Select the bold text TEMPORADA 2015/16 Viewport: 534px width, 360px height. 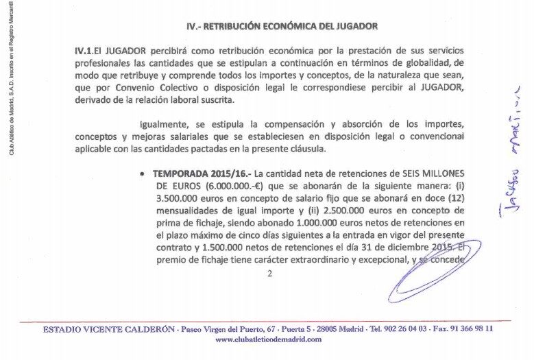203,174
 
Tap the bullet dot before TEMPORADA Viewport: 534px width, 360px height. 141,175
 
